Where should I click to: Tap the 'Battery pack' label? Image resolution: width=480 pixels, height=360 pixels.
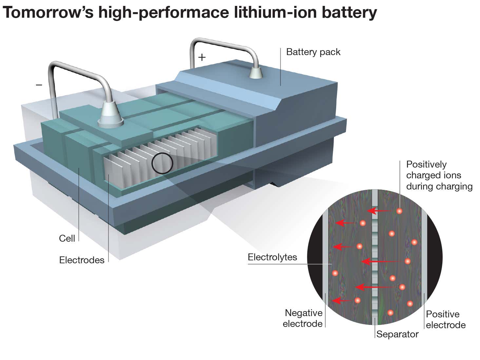313,52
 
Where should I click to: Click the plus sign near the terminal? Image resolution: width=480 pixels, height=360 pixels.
202,57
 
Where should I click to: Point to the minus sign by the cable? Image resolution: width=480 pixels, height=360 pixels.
39,85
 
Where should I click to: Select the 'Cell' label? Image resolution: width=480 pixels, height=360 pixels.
67,238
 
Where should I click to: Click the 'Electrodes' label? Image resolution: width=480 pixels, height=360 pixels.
82,260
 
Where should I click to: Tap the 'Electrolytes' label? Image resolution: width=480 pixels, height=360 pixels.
272,257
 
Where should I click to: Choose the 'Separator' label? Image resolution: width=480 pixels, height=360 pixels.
397,334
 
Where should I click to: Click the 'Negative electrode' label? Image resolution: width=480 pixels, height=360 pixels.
303,318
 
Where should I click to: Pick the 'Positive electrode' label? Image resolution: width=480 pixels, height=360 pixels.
446,319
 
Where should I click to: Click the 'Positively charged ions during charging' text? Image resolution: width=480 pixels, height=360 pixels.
439,175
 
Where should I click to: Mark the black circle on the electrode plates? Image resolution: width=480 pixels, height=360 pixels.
162,163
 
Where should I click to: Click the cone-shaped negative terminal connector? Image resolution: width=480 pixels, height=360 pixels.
110,114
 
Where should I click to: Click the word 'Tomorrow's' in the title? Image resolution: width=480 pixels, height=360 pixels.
47,12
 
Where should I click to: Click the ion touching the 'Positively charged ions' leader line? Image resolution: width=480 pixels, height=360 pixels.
399,211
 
